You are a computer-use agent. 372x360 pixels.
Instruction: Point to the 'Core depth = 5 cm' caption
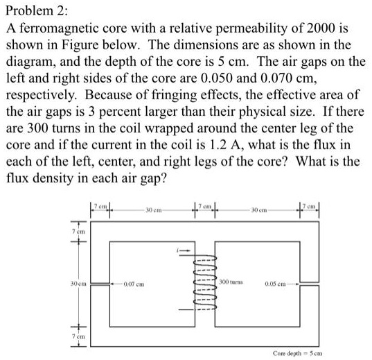[328, 352]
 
